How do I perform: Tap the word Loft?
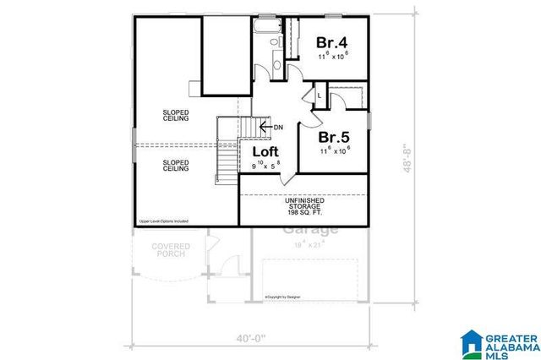point(266,152)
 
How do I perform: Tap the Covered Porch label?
point(170,251)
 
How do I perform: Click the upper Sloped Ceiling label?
point(176,116)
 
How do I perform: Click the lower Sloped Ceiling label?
point(176,166)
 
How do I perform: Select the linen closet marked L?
point(320,95)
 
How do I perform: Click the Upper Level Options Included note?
point(163,221)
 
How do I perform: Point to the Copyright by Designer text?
point(283,297)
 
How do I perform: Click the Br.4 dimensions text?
point(333,57)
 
